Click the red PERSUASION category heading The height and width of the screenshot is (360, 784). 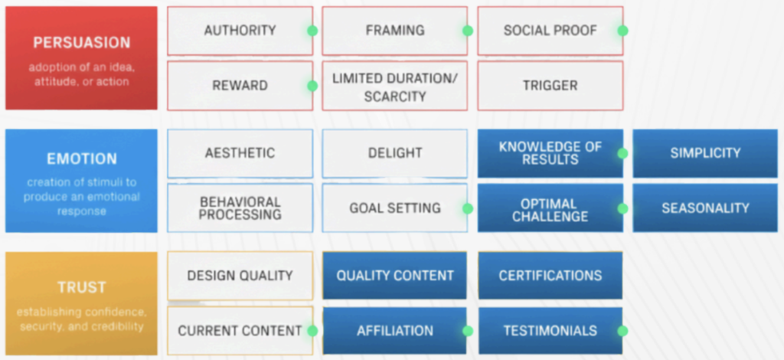click(x=81, y=43)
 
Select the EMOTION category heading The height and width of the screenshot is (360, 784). click(x=81, y=159)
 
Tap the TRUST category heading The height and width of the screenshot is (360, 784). click(x=81, y=287)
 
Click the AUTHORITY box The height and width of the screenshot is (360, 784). click(x=240, y=31)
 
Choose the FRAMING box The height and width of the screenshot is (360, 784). click(x=394, y=31)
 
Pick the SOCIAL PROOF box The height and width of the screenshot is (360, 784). click(x=550, y=31)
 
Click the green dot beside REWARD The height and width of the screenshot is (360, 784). click(x=312, y=86)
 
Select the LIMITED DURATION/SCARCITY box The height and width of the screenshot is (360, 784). click(x=394, y=86)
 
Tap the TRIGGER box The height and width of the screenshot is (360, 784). click(x=550, y=86)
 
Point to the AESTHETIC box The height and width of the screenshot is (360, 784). click(x=240, y=153)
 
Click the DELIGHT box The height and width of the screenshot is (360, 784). click(x=394, y=153)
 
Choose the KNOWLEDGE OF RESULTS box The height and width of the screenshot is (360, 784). click(x=550, y=153)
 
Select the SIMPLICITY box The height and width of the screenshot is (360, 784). click(x=705, y=153)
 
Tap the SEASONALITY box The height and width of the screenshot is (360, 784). click(x=705, y=208)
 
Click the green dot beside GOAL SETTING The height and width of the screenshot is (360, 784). click(x=468, y=208)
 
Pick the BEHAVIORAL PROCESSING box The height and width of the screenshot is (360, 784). click(x=240, y=208)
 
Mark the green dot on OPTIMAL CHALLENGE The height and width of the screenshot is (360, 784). click(x=623, y=208)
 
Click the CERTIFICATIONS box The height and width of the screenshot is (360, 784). click(x=550, y=276)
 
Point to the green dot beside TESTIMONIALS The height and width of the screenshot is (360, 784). click(x=623, y=331)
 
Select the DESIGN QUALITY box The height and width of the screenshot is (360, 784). click(x=240, y=276)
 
